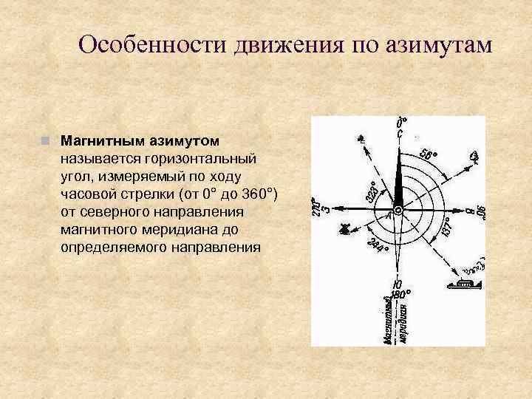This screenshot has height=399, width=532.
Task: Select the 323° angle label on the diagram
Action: click(374, 194)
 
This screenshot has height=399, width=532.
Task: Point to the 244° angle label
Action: click(377, 245)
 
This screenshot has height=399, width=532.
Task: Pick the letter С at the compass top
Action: click(400, 134)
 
